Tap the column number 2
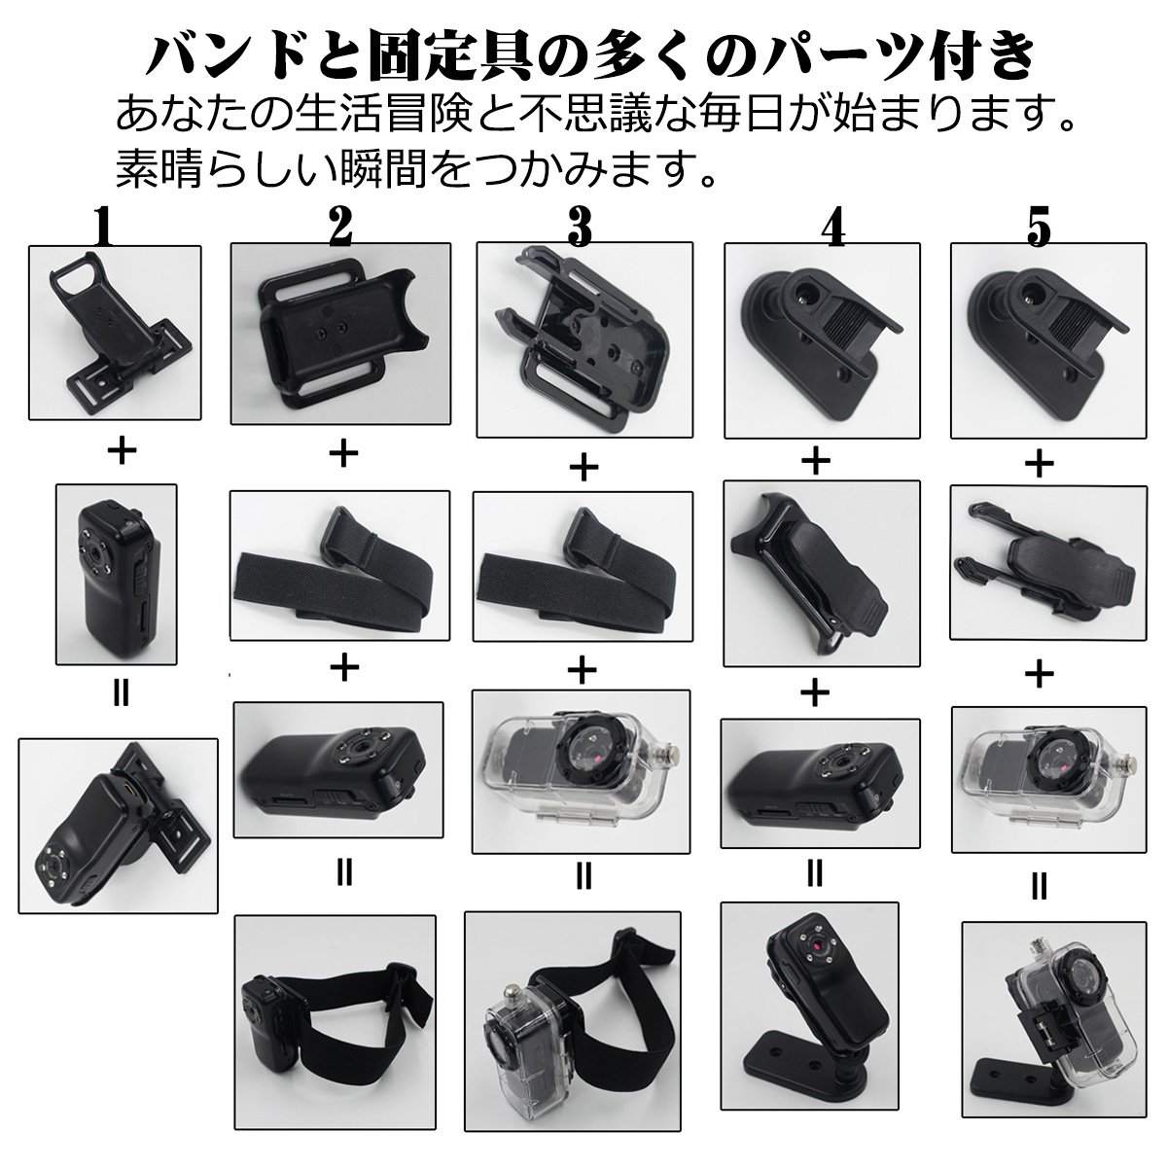(341, 226)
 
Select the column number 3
(580, 227)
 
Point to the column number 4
(834, 227)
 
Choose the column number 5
(1040, 227)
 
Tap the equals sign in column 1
(122, 694)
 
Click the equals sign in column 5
(1039, 888)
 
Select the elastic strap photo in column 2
(339, 565)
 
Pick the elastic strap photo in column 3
(583, 566)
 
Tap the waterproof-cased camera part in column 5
(1049, 779)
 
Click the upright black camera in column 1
(117, 574)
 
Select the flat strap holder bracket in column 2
(341, 334)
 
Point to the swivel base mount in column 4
(823, 340)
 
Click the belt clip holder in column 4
(822, 574)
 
